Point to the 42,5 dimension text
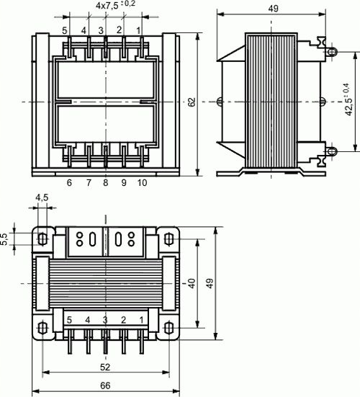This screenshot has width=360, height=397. [x=348, y=102]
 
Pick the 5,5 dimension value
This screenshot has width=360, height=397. [x=6, y=239]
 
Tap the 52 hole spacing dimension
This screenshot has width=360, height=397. [x=105, y=367]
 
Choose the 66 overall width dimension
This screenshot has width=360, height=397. [x=105, y=386]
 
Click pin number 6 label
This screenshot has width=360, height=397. [x=69, y=184]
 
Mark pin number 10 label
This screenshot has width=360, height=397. [x=142, y=184]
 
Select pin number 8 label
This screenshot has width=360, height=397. [x=106, y=184]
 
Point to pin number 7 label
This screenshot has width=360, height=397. [x=89, y=184]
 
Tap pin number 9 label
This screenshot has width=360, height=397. [x=124, y=184]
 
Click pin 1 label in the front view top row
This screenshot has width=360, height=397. [x=140, y=30]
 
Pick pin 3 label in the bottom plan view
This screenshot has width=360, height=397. [x=105, y=319]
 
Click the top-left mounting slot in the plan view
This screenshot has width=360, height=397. [x=42, y=238]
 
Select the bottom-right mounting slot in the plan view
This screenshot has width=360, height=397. [x=169, y=328]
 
